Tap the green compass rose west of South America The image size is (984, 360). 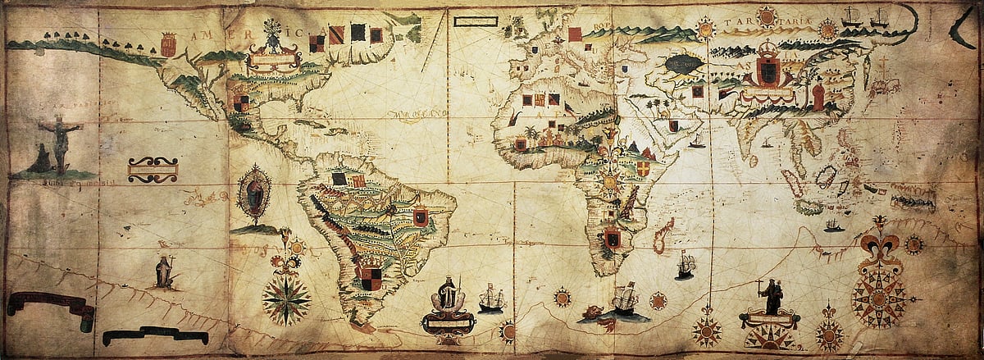(286, 296)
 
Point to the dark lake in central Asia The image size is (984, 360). (682, 62)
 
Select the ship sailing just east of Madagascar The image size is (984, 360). (685, 265)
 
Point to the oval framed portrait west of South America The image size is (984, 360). (254, 194)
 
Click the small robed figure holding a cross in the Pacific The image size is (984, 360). (164, 271)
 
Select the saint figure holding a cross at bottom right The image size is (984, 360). (772, 296)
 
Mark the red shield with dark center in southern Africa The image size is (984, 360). (612, 239)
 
